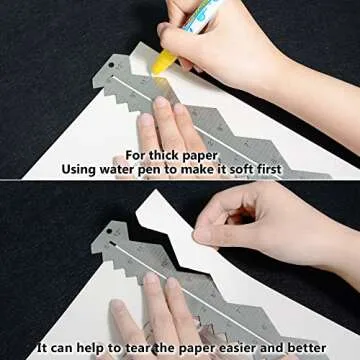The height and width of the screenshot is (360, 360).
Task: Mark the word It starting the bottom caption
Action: (x=41, y=349)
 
